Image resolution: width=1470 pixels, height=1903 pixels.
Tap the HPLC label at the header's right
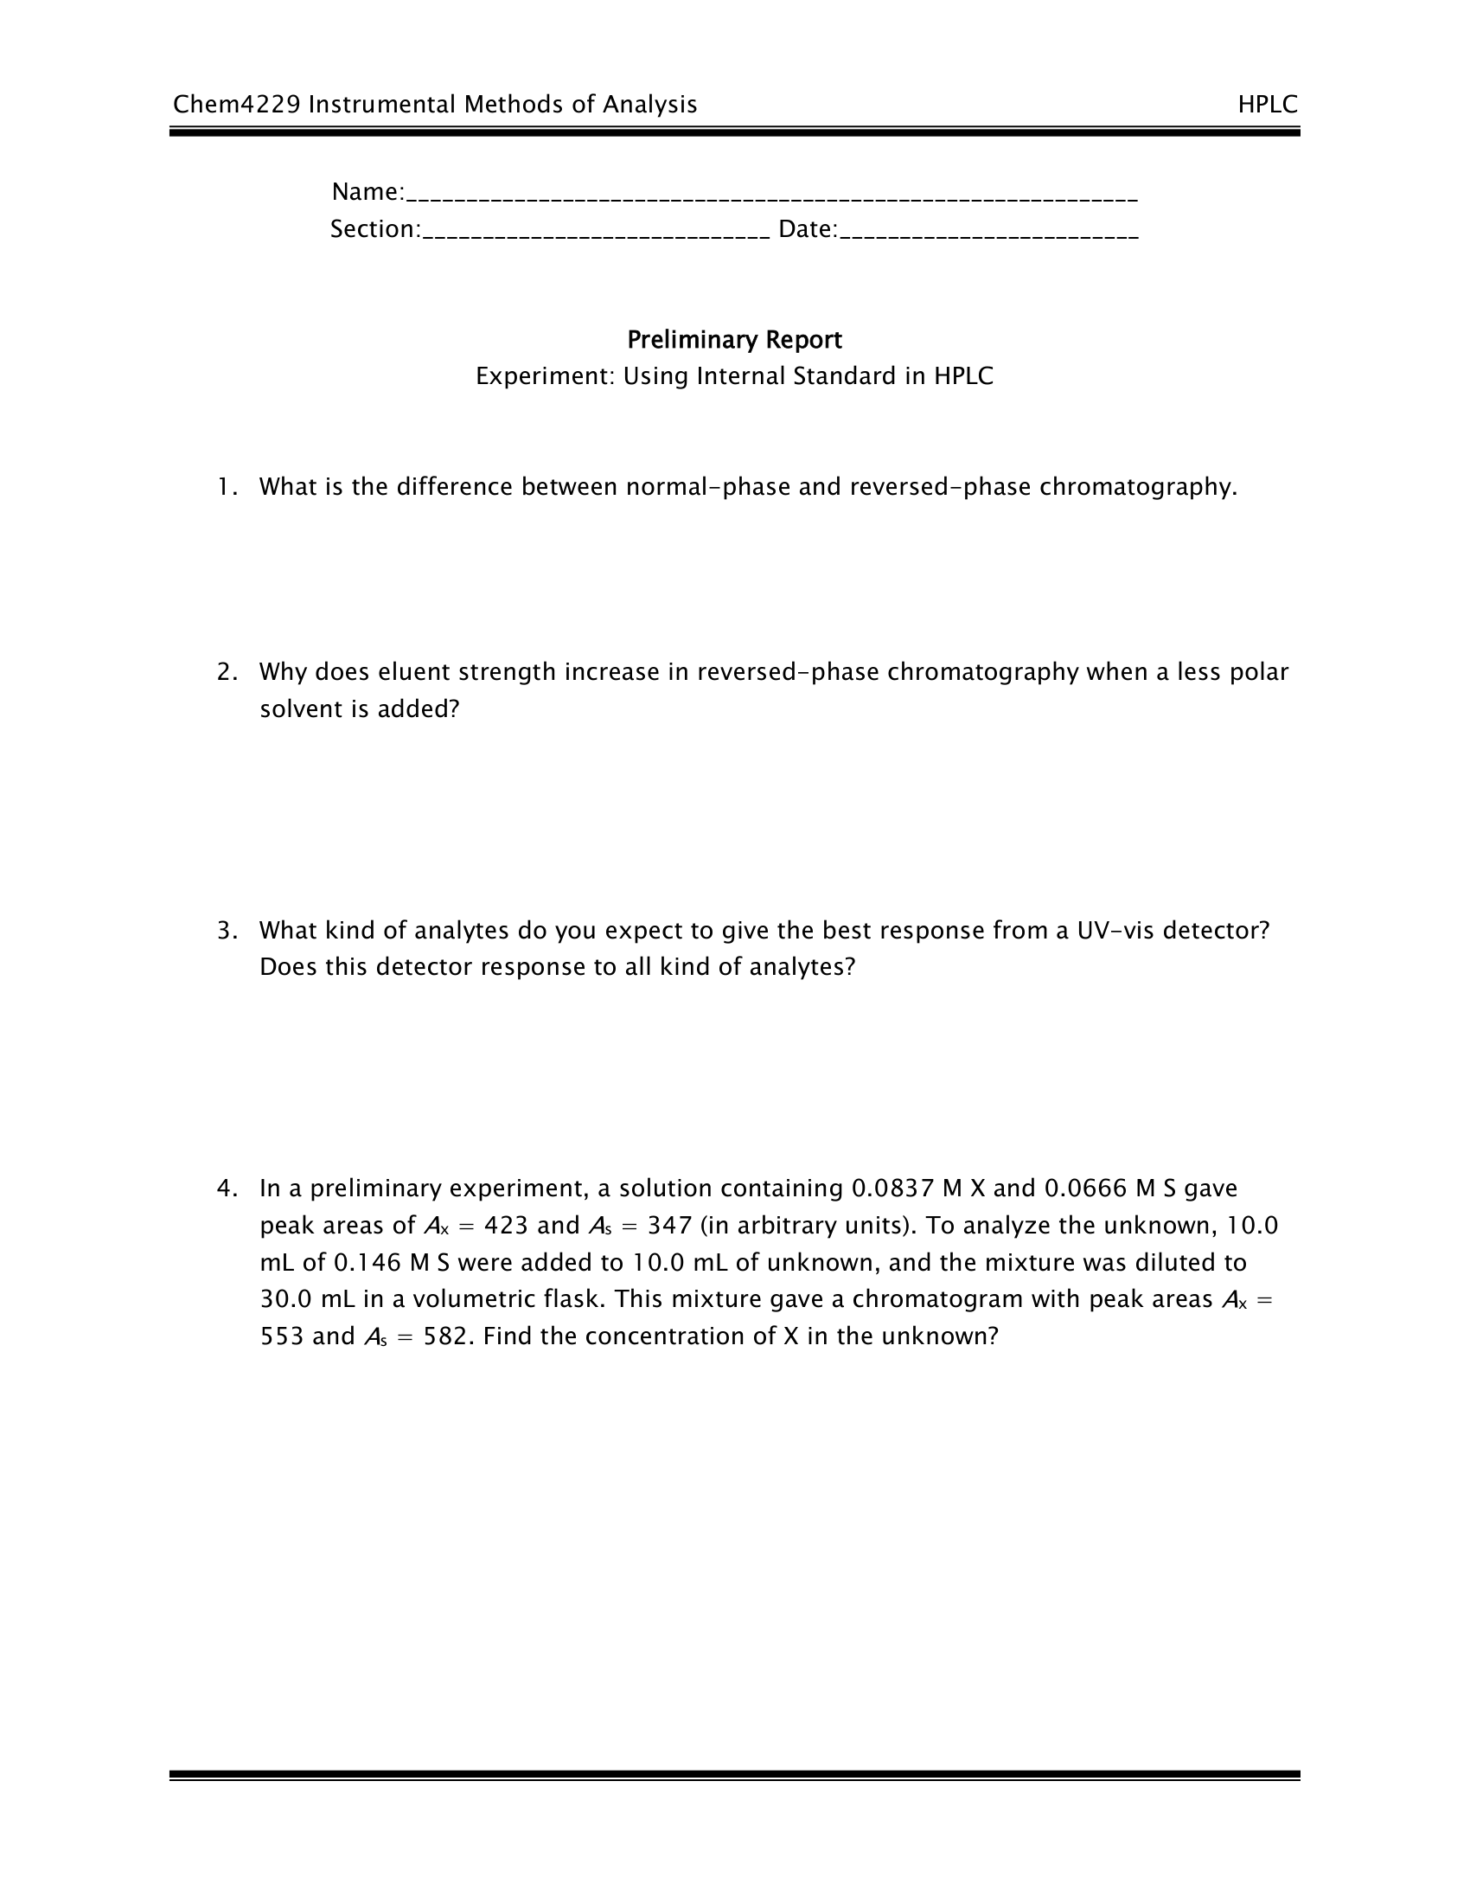pos(1267,105)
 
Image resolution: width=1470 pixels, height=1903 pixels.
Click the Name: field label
pos(367,192)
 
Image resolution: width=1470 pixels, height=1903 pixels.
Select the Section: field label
pos(374,229)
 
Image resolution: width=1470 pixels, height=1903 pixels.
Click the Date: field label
pos(808,229)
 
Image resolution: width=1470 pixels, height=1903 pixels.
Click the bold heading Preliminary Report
pos(734,339)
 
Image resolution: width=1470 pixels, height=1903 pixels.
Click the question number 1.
pos(227,487)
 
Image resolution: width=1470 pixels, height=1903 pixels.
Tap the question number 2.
pos(227,672)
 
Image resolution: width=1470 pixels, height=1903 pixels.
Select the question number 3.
pos(227,931)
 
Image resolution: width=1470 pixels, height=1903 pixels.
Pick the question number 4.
pos(227,1189)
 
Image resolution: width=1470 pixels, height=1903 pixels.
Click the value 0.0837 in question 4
pos(892,1189)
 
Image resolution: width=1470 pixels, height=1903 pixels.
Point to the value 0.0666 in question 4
pos(1085,1189)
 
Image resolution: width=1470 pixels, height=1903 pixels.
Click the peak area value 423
pos(506,1226)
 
